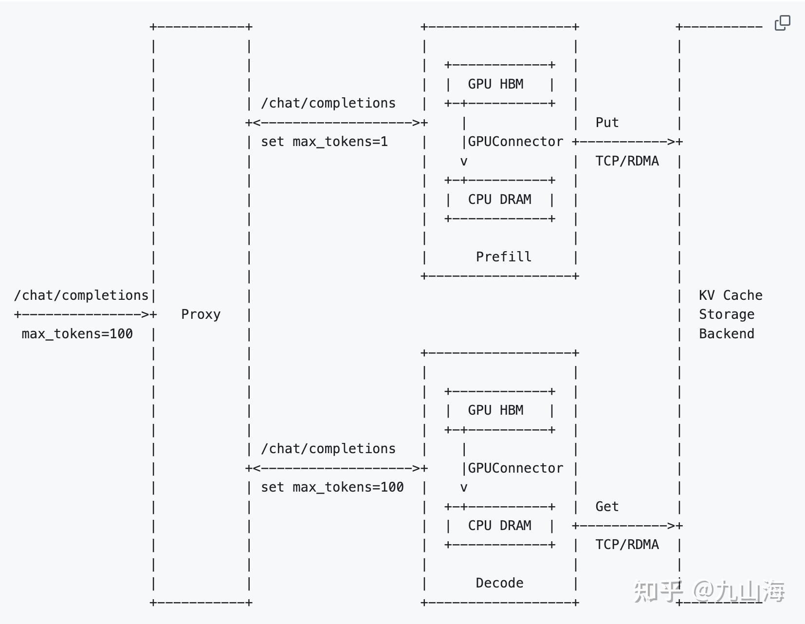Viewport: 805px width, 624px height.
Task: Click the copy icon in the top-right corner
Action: [x=782, y=23]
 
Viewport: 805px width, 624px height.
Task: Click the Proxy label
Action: [x=201, y=314]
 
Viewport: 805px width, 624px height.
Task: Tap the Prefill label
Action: [x=503, y=257]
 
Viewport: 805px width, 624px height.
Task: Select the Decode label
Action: [x=499, y=583]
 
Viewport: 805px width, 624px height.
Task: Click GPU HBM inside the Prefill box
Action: [x=495, y=84]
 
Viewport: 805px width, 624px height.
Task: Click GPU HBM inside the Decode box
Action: [x=495, y=410]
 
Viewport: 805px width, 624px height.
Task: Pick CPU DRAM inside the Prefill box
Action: [x=499, y=199]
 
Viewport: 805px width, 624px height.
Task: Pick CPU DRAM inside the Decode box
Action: [x=499, y=526]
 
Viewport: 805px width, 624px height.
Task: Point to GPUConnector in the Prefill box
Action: [x=515, y=142]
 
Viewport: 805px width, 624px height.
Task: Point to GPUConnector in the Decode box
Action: [x=515, y=468]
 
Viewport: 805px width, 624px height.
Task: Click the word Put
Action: [x=607, y=123]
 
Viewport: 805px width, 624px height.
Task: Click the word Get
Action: [x=607, y=507]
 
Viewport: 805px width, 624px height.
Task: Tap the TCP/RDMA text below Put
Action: [x=627, y=161]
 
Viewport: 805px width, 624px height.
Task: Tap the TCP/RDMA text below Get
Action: [x=627, y=545]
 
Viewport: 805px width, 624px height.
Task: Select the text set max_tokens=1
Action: [x=324, y=142]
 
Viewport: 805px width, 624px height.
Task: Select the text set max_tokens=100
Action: [x=332, y=487]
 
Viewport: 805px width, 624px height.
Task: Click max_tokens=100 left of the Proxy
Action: [x=77, y=334]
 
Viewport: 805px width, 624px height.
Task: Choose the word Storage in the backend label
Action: [x=726, y=314]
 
